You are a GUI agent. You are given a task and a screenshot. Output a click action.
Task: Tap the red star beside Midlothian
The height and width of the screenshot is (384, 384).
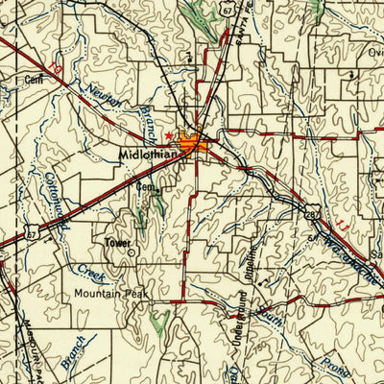172,135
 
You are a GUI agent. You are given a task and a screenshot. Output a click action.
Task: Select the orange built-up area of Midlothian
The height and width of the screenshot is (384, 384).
204,147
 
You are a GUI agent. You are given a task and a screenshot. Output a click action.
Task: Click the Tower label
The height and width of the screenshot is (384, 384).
118,244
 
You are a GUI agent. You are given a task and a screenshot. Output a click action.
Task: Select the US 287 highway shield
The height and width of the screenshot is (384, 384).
314,214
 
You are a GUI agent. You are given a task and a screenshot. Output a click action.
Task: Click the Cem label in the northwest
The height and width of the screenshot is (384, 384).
36,80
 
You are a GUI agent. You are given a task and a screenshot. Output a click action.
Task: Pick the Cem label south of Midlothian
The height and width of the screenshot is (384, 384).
145,187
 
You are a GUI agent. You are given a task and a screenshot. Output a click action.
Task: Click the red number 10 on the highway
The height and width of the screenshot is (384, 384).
59,71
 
